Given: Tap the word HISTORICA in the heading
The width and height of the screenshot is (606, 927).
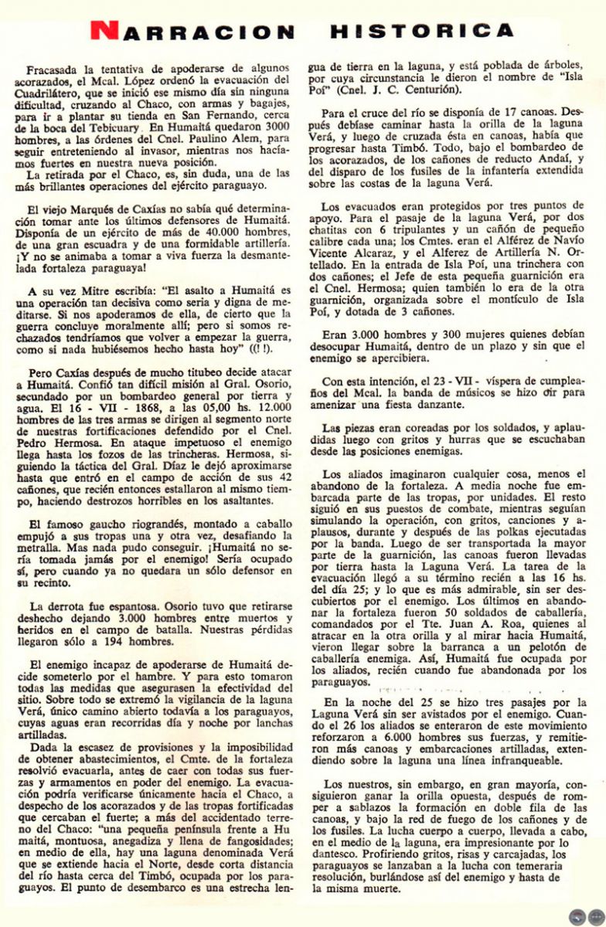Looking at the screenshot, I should pyautogui.click(x=422, y=31).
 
